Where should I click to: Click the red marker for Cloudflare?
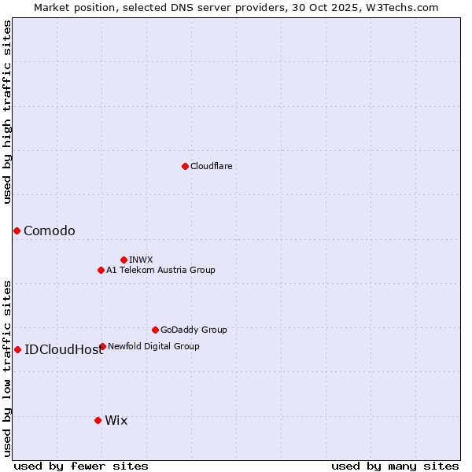click(x=185, y=166)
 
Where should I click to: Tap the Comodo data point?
click(x=17, y=230)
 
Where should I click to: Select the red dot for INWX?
click(x=124, y=260)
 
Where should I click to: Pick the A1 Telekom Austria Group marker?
click(x=101, y=270)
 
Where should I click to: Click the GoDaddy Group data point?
click(x=155, y=330)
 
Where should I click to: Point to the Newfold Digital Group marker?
click(x=102, y=346)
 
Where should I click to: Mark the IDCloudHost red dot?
click(x=17, y=349)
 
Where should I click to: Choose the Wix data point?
click(x=98, y=420)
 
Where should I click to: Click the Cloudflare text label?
click(x=211, y=166)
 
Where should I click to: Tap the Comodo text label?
click(x=50, y=230)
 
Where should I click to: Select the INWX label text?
click(x=141, y=260)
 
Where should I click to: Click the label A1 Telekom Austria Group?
click(x=160, y=270)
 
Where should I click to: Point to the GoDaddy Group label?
click(x=194, y=330)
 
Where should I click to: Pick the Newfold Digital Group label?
click(x=153, y=346)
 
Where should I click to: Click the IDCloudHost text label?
click(x=64, y=349)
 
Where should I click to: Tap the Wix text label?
click(x=116, y=420)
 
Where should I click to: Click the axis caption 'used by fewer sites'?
click(x=81, y=466)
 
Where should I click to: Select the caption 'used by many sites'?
click(x=395, y=466)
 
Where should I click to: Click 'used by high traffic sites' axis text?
click(x=7, y=112)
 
